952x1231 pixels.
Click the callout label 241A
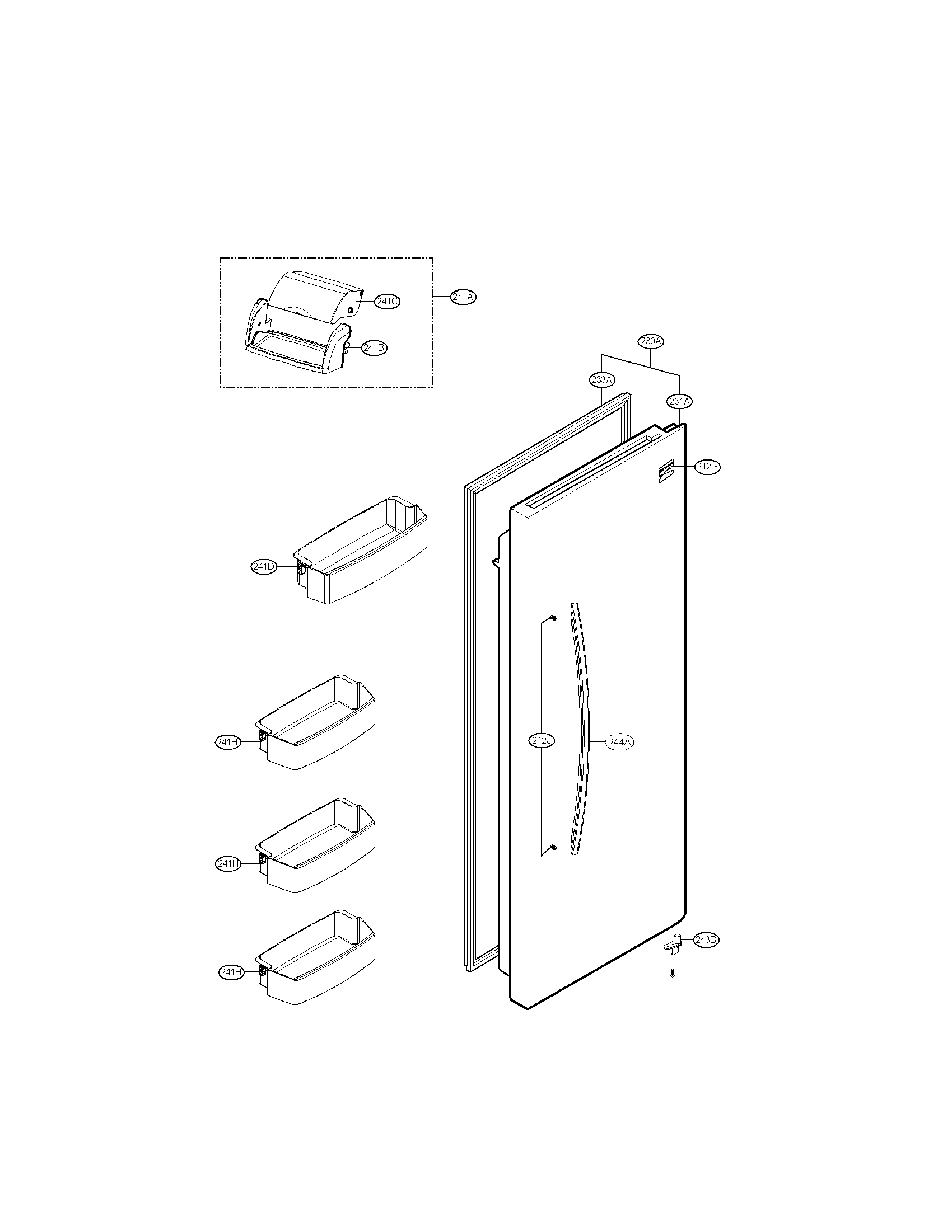coord(463,297)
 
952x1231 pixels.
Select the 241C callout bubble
coord(388,302)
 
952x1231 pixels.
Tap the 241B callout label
coord(374,348)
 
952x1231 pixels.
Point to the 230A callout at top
coord(651,341)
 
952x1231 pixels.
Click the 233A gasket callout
coord(602,379)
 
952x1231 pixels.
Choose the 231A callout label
coord(679,401)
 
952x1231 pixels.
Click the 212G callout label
coord(707,467)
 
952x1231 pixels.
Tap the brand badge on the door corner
coord(666,471)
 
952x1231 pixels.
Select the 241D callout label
coord(264,566)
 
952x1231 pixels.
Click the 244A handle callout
coord(619,742)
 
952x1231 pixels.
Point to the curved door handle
coord(581,733)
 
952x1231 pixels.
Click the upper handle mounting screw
coord(553,618)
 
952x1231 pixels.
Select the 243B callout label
coord(707,939)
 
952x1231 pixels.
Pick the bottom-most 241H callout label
coord(231,971)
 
